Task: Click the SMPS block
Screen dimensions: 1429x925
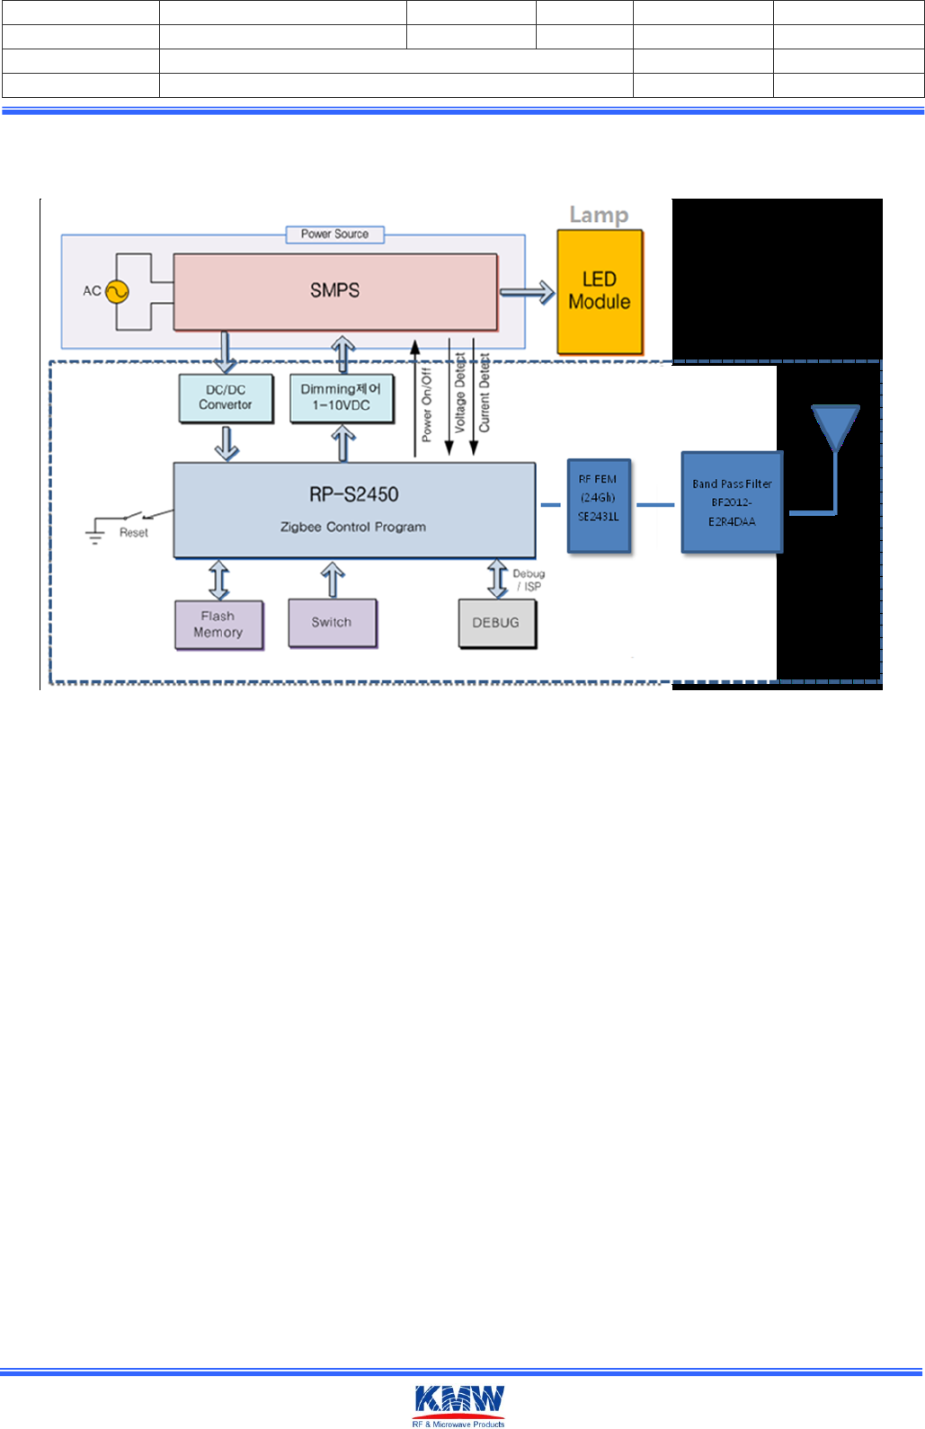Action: click(x=334, y=291)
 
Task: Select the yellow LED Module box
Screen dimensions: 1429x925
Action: click(x=600, y=291)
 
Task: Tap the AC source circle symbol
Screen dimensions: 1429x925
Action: click(x=117, y=291)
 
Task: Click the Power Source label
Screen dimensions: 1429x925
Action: click(x=334, y=235)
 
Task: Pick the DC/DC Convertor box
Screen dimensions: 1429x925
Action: click(x=226, y=397)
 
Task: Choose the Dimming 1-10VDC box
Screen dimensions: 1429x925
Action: click(x=342, y=397)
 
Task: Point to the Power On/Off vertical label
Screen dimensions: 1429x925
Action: click(x=427, y=404)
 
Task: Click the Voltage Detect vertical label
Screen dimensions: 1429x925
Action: click(x=459, y=395)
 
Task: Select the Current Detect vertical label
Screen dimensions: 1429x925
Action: click(x=484, y=394)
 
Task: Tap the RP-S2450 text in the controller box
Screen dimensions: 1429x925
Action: click(x=354, y=494)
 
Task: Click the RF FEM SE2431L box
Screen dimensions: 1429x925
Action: click(x=599, y=504)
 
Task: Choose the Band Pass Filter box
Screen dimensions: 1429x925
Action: click(x=732, y=502)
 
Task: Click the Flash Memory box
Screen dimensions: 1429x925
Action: click(x=218, y=624)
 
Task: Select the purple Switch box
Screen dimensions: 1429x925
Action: click(x=333, y=622)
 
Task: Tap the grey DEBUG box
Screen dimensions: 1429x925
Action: click(x=496, y=623)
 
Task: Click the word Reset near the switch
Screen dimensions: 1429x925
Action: click(x=134, y=533)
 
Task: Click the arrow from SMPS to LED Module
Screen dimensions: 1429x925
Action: click(x=527, y=292)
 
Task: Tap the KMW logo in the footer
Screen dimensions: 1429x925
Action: click(x=459, y=1404)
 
